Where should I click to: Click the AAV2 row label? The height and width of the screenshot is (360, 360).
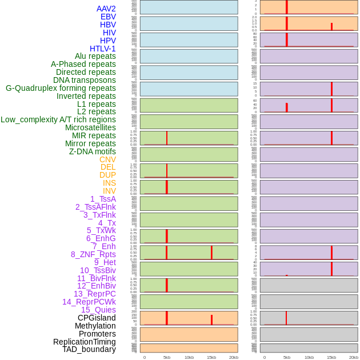(x=106, y=9)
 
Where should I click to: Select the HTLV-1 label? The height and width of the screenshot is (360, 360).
(x=103, y=49)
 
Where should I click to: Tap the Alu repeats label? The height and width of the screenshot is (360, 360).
(x=95, y=57)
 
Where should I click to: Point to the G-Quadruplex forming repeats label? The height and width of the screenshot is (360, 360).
(x=61, y=88)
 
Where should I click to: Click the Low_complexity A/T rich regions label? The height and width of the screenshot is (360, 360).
(x=58, y=119)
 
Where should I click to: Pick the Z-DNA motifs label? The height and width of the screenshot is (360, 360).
(x=93, y=151)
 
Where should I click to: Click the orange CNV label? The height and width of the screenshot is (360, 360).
(x=107, y=159)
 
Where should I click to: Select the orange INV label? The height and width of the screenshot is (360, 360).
(x=109, y=191)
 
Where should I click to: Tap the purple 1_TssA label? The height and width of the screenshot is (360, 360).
(x=103, y=199)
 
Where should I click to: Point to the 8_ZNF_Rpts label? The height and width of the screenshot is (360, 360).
(x=93, y=254)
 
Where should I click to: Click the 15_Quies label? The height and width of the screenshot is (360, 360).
(x=98, y=310)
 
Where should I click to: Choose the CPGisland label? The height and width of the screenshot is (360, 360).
(x=97, y=318)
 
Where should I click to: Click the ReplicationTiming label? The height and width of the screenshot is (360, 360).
(x=85, y=342)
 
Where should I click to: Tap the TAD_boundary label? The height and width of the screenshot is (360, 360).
(x=89, y=349)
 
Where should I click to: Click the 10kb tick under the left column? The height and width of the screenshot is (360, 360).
(x=189, y=357)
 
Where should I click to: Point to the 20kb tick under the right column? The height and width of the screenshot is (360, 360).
(x=354, y=357)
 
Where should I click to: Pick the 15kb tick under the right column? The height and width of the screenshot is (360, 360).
(x=331, y=357)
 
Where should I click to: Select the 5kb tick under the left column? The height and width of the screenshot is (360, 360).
(x=167, y=357)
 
